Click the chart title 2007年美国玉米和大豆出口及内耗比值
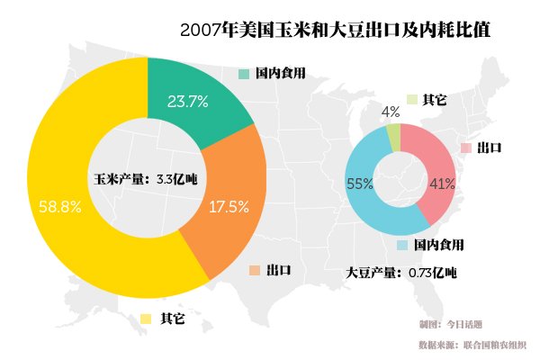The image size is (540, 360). click(x=335, y=30)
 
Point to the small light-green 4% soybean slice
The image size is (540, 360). click(x=393, y=137)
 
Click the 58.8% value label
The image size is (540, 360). click(x=60, y=206)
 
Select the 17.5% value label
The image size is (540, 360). click(x=229, y=207)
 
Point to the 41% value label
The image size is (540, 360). click(x=442, y=184)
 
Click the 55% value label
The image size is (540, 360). click(x=359, y=184)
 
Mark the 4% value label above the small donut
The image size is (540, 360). click(x=391, y=112)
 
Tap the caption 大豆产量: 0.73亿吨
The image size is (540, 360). click(x=401, y=272)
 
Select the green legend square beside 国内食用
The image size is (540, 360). click(x=244, y=73)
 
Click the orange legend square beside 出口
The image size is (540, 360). click(x=255, y=270)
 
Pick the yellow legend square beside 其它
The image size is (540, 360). click(x=146, y=318)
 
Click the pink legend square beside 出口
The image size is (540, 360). click(x=465, y=148)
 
